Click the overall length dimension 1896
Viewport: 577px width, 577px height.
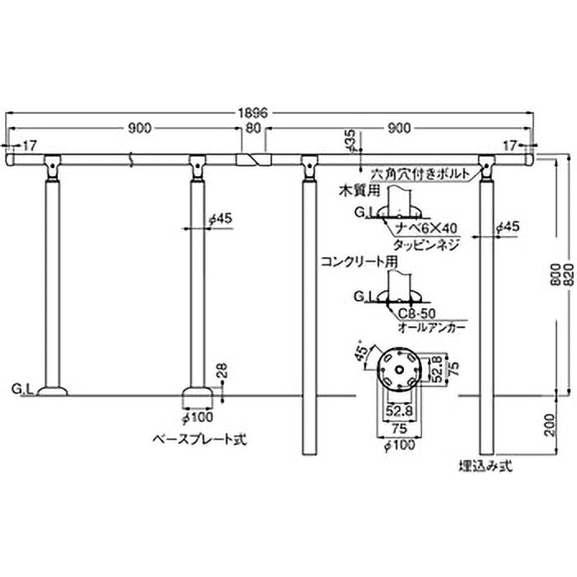(x=252, y=113)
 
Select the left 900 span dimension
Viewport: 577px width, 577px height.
(x=139, y=128)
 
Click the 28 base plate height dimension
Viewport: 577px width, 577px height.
(x=222, y=371)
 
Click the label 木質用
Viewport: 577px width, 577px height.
(x=354, y=190)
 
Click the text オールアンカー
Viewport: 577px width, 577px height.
(x=431, y=327)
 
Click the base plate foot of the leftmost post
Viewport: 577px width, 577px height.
(x=53, y=393)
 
